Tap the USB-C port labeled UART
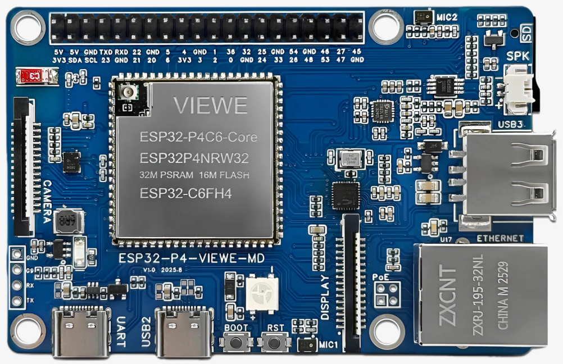pos(80,333)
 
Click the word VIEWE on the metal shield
pos(210,105)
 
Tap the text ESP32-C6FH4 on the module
pos(186,194)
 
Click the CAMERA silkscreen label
pos(48,201)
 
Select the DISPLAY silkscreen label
pos(325,298)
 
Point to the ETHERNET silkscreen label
pos(500,239)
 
